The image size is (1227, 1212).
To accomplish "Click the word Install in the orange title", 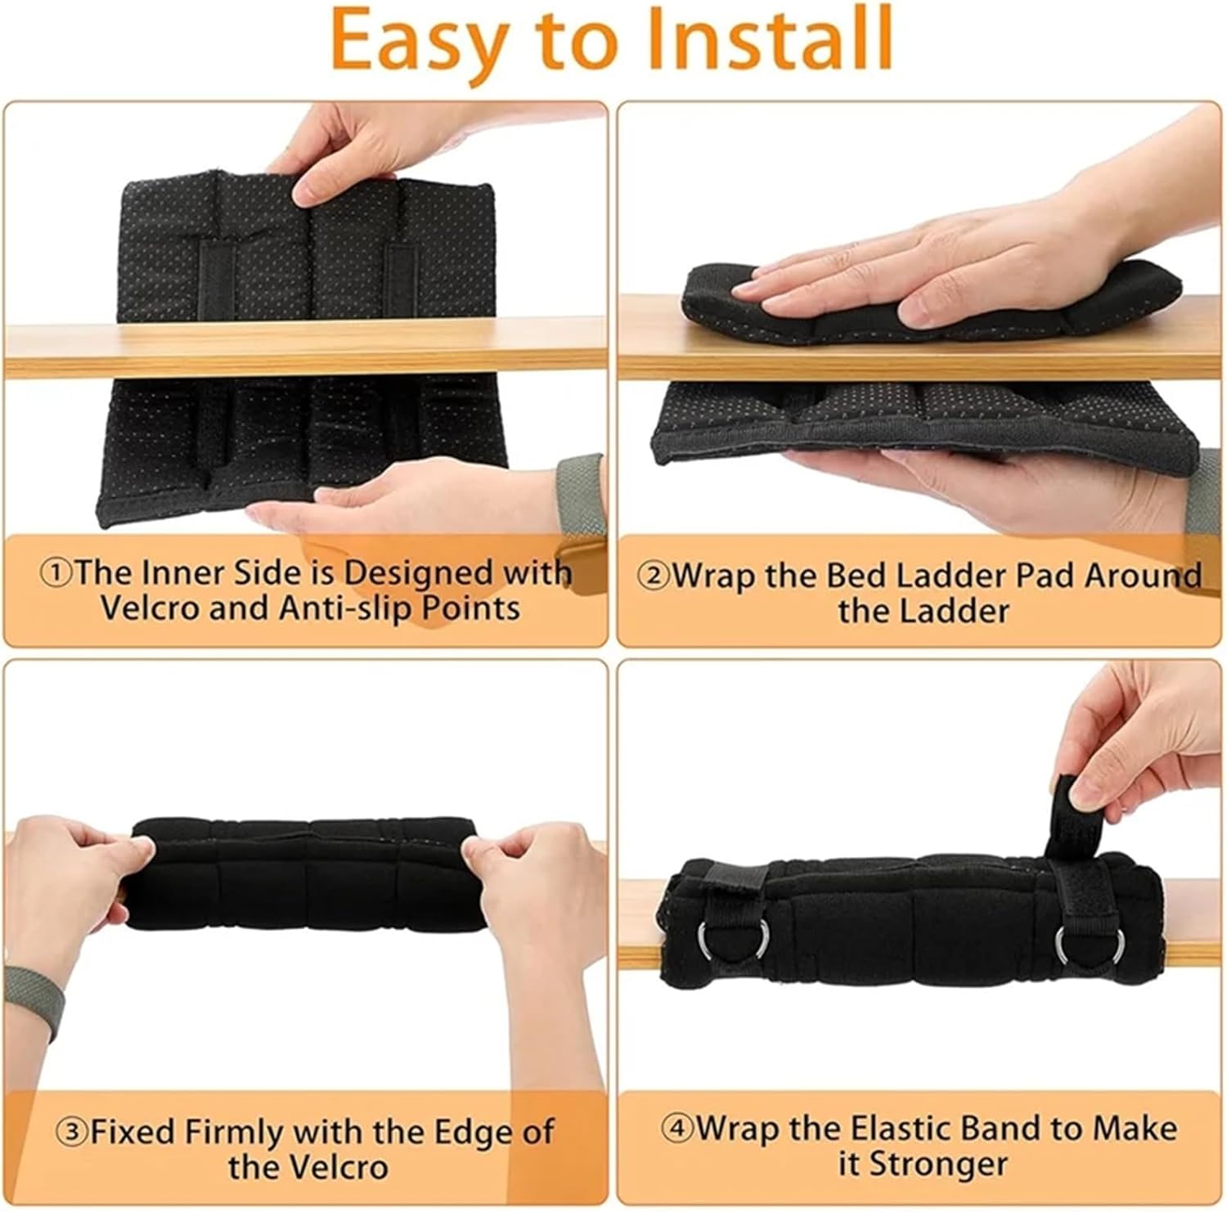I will (x=769, y=39).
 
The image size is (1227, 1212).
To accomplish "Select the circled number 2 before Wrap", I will (x=655, y=576).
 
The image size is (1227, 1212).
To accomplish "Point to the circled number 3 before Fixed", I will (x=71, y=1133).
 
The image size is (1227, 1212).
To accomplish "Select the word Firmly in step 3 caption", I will (x=237, y=1133).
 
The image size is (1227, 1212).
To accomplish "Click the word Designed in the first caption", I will (x=418, y=572).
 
